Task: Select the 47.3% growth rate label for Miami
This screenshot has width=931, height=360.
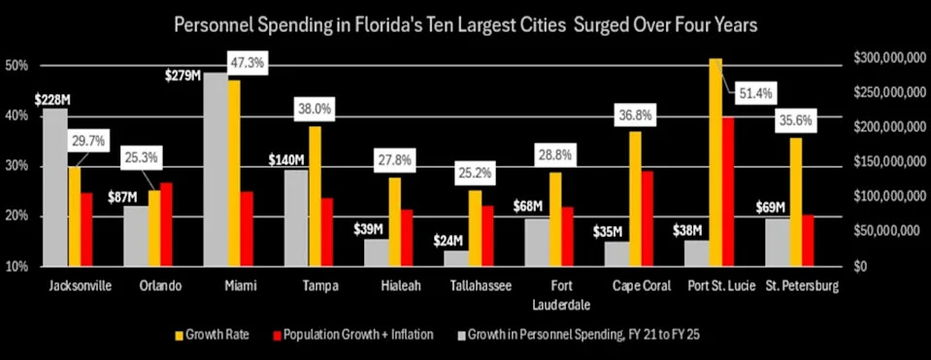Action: point(248,63)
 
